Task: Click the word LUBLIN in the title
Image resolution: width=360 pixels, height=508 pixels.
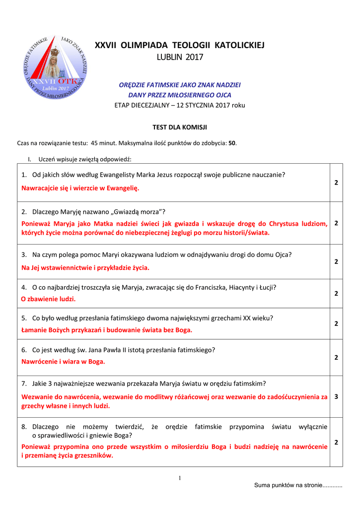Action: tap(170, 58)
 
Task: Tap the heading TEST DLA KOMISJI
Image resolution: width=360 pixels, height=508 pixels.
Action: tap(180, 127)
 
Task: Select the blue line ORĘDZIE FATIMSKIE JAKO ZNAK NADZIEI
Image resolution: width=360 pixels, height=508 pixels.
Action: tap(180, 84)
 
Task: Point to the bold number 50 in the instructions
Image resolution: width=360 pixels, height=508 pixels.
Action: tap(232, 143)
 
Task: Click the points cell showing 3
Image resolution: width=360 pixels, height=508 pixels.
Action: tap(336, 396)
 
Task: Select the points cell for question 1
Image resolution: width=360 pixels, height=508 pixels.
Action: tap(336, 183)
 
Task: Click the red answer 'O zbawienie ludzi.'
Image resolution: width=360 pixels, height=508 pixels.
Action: tap(48, 299)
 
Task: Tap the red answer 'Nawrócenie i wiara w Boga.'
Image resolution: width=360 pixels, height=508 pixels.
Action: tap(63, 362)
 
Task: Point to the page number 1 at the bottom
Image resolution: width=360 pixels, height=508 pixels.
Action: tap(180, 478)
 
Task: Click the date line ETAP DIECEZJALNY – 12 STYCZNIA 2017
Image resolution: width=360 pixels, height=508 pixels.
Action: tap(180, 105)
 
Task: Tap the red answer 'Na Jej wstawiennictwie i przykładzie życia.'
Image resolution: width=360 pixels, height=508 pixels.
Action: tap(85, 267)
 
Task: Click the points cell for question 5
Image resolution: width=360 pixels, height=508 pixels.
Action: tap(336, 323)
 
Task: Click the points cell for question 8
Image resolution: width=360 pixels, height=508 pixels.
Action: tap(336, 442)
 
